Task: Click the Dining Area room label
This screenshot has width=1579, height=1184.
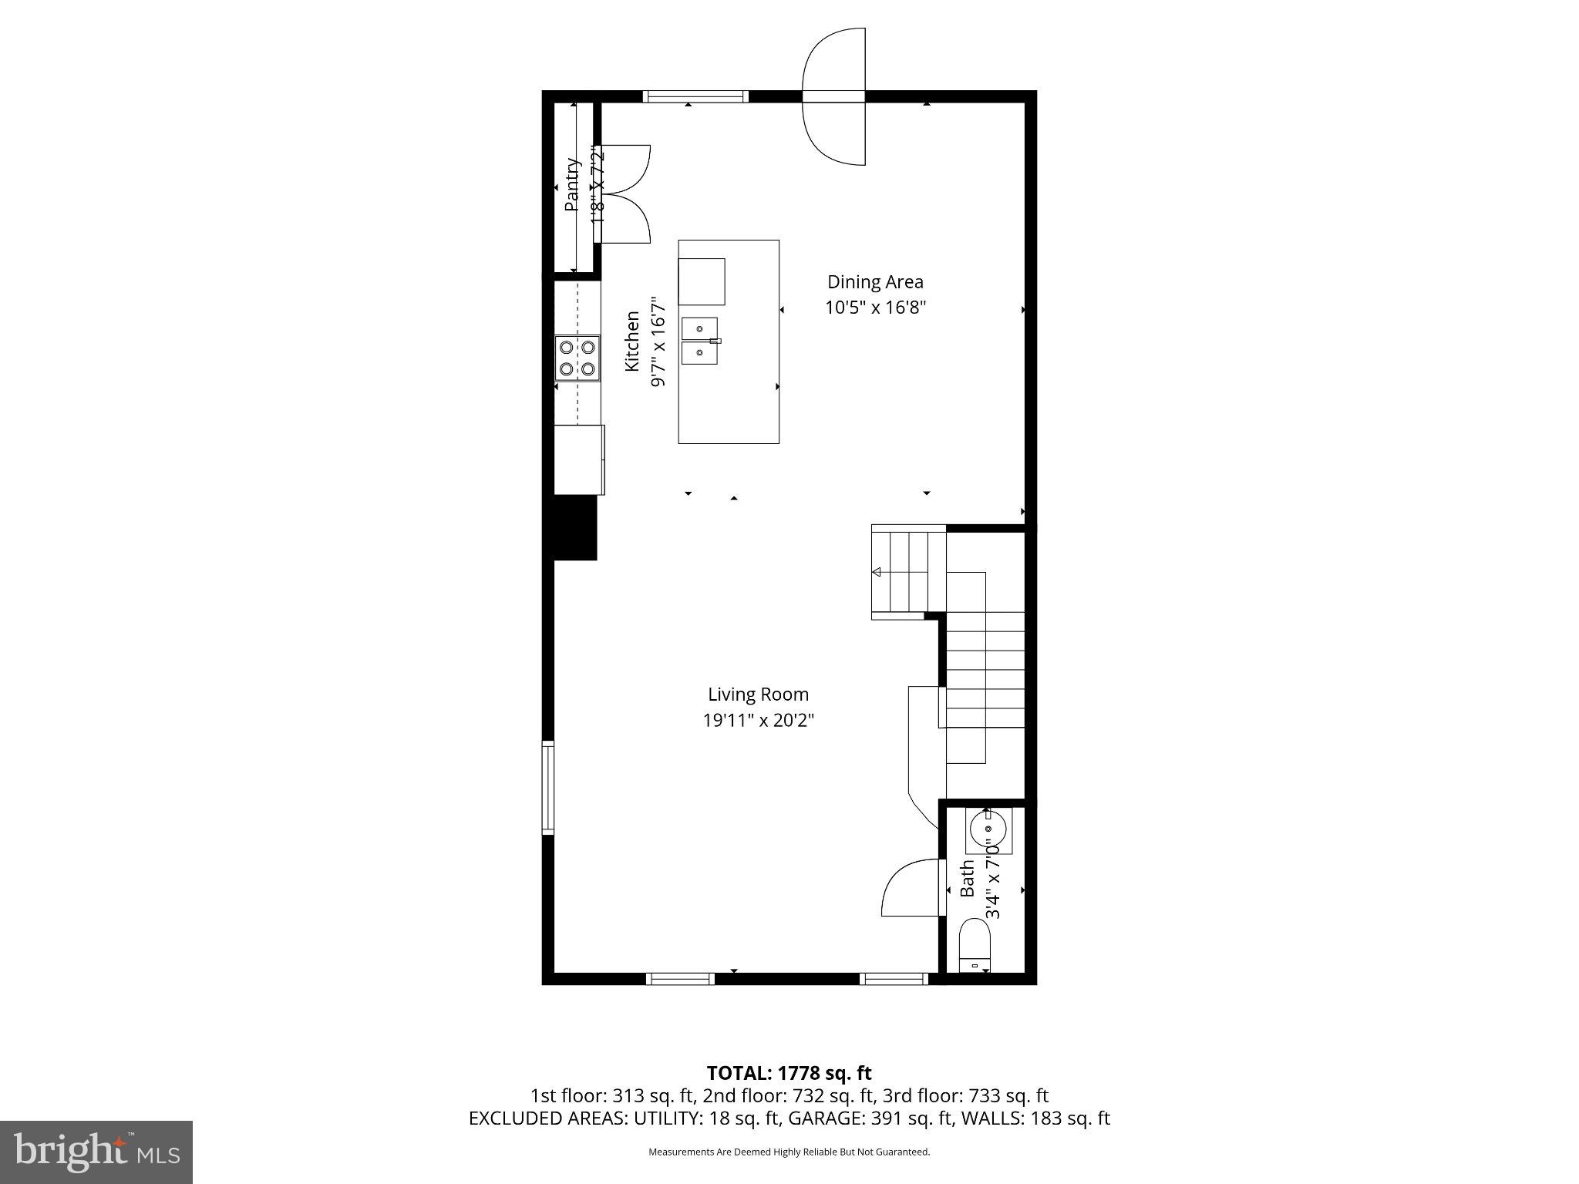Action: coord(875,282)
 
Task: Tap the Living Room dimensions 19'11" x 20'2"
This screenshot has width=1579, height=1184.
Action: coord(758,721)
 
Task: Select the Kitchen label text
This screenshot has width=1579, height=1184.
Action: coord(632,341)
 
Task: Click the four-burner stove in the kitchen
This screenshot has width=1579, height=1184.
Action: coord(577,358)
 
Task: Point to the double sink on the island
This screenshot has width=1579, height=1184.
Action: coord(700,341)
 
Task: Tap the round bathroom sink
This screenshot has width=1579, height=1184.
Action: coord(988,831)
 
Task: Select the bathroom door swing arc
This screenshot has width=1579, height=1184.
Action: coord(910,888)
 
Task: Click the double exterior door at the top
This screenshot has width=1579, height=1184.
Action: coord(834,96)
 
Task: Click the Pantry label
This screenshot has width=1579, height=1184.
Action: coord(571,185)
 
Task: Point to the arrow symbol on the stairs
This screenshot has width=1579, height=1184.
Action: coord(877,572)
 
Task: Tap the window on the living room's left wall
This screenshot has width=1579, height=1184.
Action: coord(547,787)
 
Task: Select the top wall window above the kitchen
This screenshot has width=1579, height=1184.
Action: coord(695,96)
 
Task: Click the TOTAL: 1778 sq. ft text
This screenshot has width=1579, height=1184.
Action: coord(789,1072)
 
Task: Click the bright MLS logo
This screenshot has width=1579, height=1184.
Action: coord(96,1152)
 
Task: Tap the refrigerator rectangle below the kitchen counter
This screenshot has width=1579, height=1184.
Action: coord(579,459)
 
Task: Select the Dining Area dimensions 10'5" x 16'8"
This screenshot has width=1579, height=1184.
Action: coord(875,308)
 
